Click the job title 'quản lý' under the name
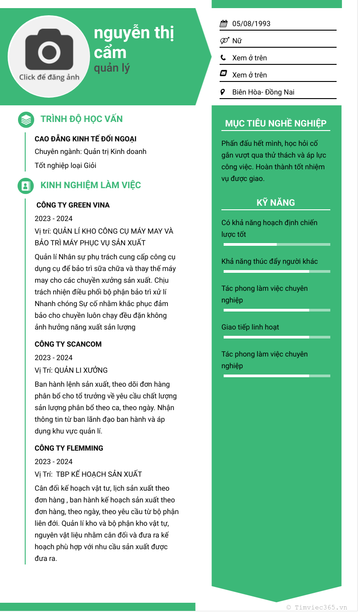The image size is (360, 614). (112, 68)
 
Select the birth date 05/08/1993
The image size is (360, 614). (251, 24)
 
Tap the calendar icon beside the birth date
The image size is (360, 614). (224, 24)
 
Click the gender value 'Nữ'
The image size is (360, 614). (237, 41)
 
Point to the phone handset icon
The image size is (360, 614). (223, 58)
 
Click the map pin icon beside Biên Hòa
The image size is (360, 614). (223, 92)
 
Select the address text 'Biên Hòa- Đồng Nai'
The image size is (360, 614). (263, 92)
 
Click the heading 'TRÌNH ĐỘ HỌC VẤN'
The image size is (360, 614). (81, 119)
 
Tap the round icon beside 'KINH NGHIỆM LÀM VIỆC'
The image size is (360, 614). (26, 185)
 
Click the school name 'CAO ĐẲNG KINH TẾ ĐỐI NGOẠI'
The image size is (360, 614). (85, 139)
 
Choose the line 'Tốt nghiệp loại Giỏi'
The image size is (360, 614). (66, 166)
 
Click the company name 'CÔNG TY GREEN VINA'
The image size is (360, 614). (73, 205)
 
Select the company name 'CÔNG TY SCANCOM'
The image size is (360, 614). (68, 344)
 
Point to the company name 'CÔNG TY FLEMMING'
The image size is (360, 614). (69, 448)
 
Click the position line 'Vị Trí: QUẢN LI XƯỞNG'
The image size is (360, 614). (71, 370)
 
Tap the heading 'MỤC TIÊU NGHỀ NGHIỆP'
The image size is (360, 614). (276, 124)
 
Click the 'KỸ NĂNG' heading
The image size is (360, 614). (276, 203)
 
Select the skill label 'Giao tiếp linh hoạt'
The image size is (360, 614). (250, 327)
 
